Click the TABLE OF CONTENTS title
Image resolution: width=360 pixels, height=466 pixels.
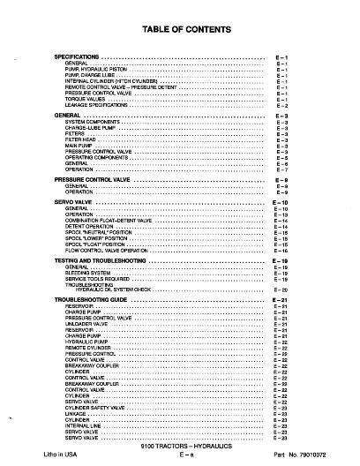click(185, 30)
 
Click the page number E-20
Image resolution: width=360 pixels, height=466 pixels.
click(281, 289)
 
